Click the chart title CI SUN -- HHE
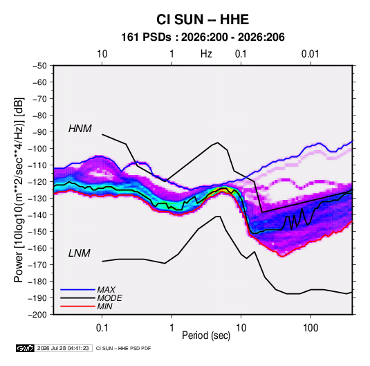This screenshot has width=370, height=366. click(203, 19)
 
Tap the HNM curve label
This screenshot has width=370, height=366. click(80, 129)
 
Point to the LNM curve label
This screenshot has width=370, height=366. click(80, 253)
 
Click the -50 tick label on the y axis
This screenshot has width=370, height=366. click(39, 66)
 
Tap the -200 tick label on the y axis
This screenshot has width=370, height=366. click(37, 315)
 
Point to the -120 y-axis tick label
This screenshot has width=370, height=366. click(37, 182)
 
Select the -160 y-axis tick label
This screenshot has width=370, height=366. click(37, 248)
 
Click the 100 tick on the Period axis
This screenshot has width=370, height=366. click(311, 328)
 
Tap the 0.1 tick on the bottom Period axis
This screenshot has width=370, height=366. click(102, 328)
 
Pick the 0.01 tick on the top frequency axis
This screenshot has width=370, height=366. click(310, 54)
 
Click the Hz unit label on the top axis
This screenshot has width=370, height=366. click(206, 54)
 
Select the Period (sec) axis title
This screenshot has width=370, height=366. click(206, 336)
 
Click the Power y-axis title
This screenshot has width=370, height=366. click(19, 190)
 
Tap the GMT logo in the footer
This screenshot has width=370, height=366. click(25, 348)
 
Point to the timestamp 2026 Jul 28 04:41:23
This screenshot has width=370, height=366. click(63, 348)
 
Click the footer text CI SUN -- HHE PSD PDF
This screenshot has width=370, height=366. click(123, 348)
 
